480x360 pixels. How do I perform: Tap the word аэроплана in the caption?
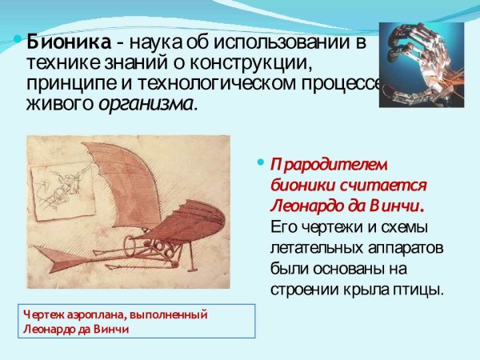(x=94, y=314)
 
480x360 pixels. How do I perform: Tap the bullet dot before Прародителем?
(x=259, y=162)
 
